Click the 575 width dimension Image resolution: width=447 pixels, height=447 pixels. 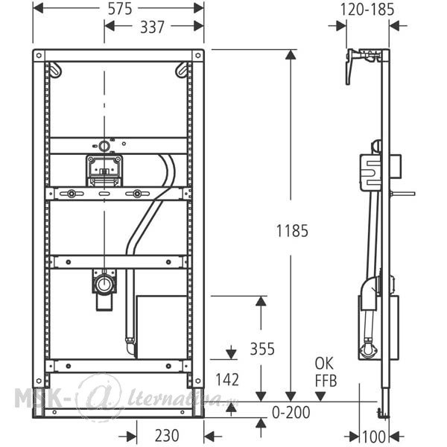[x=118, y=9]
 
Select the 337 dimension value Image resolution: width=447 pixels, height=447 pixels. [x=154, y=28]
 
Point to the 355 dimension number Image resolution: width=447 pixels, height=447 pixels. [x=261, y=349]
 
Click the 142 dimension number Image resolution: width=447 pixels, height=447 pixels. [x=226, y=379]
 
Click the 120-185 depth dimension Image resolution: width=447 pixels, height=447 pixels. [x=367, y=10]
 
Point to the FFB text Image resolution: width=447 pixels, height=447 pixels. [x=325, y=381]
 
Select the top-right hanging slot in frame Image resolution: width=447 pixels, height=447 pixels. [x=182, y=70]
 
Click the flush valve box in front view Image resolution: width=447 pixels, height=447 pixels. [x=104, y=170]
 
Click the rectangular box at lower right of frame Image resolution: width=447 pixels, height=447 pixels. [x=163, y=326]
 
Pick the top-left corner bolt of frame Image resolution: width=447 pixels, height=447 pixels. [x=40, y=56]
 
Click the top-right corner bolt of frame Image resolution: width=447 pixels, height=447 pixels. [x=197, y=56]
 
